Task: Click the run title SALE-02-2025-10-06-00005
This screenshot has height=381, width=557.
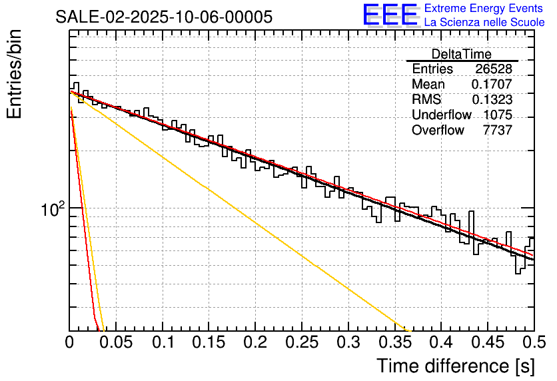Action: point(163,17)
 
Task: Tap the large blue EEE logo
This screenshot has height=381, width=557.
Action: point(390,15)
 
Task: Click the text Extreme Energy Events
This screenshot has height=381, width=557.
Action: point(484,9)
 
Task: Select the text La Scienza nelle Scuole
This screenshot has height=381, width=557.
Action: point(484,22)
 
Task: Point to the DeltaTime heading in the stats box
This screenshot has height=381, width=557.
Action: point(461,54)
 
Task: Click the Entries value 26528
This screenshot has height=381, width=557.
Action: point(494,69)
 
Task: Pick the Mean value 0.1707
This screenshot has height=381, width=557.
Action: point(492,85)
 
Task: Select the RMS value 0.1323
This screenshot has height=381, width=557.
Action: point(492,99)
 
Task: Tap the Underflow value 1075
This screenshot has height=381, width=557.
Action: point(498,115)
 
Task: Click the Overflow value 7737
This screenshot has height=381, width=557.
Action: point(498,130)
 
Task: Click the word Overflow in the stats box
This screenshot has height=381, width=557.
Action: point(438,130)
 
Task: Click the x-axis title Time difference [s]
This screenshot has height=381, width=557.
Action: point(454,366)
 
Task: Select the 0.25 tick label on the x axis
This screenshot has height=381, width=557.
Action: point(302,344)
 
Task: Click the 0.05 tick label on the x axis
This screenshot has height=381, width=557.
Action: point(116,344)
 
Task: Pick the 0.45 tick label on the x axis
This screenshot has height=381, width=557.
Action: point(488,344)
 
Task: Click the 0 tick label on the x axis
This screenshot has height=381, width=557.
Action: point(70,344)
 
